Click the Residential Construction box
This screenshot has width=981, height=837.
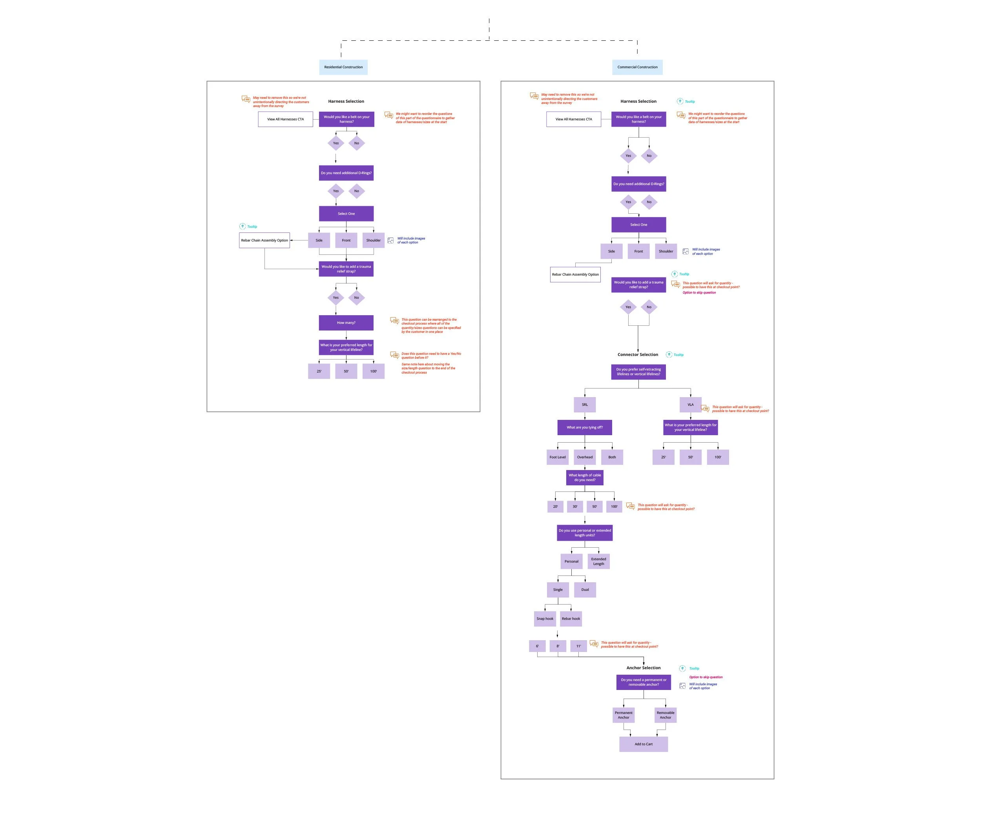(x=343, y=67)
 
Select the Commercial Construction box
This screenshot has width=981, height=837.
(x=637, y=67)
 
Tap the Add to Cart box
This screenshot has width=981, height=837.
(x=644, y=744)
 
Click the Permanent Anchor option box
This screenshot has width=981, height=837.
(x=624, y=715)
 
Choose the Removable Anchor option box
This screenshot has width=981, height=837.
(x=665, y=715)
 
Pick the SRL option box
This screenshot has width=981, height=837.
(x=585, y=405)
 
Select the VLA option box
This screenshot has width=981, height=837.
(x=690, y=405)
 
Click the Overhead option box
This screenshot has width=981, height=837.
(x=585, y=457)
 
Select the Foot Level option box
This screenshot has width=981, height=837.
(x=557, y=457)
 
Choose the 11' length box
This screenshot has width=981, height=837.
(x=578, y=646)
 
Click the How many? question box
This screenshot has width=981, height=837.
(x=346, y=323)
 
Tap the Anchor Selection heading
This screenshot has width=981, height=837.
(x=644, y=668)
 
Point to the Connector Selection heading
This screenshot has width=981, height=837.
(x=638, y=354)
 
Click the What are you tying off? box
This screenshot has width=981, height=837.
(x=585, y=427)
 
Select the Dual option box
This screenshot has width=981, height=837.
(x=585, y=590)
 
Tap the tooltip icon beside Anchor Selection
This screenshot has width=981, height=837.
(x=682, y=668)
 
